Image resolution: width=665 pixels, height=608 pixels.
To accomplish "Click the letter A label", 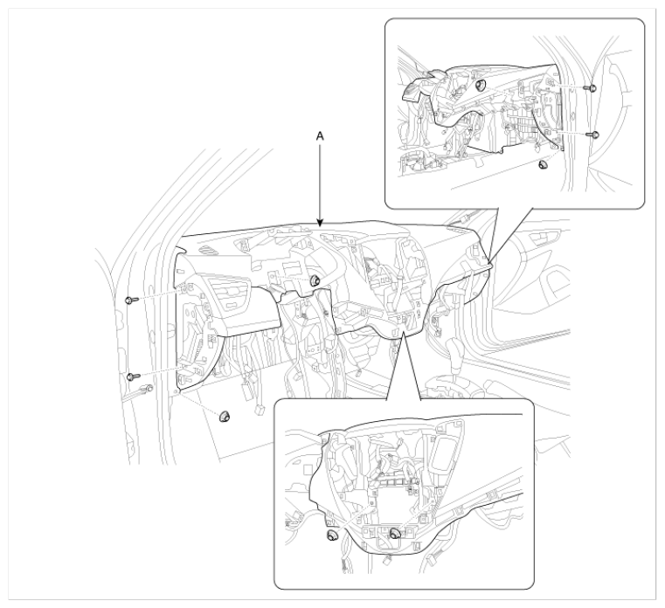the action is pos(320,136).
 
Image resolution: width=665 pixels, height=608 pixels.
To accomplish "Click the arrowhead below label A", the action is pos(320,223).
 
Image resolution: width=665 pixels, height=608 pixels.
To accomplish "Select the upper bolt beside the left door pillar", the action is pos(131,301).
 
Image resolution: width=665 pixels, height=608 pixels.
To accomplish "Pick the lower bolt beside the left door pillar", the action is pos(133,377).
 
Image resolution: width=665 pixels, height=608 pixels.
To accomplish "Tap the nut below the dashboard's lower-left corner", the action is pos(224,417).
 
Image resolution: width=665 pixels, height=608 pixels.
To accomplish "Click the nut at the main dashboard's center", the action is pos(315,280).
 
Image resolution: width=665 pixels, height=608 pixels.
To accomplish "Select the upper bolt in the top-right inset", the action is pos(591,87).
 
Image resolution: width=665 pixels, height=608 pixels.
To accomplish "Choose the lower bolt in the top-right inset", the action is pos(592,135).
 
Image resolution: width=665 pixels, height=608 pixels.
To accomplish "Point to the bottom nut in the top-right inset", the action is pos(543,164).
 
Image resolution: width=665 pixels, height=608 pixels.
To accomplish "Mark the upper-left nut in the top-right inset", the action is pos(481,86).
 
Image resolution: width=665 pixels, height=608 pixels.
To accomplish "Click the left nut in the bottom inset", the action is pos(332,535).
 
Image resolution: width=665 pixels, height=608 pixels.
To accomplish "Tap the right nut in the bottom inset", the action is pos(395,534).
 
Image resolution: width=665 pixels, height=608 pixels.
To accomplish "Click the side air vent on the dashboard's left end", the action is pos(232,295).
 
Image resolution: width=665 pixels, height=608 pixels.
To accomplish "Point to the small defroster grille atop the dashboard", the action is pos(211,250).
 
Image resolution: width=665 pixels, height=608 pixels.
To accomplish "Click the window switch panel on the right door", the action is pos(544,238).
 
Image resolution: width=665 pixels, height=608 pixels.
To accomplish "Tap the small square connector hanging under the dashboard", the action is pos(260,410).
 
